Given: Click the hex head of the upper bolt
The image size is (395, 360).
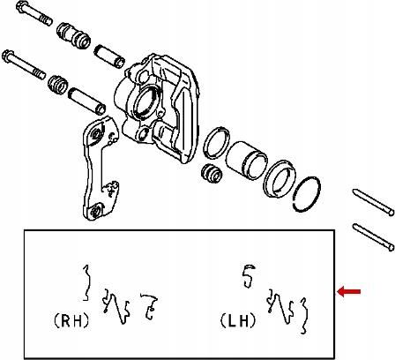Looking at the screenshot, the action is (x=21, y=7).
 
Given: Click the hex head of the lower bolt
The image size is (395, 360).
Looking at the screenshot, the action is (x=7, y=56).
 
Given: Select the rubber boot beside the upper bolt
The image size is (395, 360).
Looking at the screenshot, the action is (x=73, y=35).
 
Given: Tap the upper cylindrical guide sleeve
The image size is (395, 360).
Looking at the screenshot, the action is (x=109, y=56).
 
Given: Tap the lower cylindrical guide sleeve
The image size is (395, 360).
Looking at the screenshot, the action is (x=86, y=101).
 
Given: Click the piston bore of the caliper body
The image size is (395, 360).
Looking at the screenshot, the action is (x=146, y=101).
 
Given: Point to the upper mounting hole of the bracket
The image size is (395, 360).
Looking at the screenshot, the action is (x=95, y=134).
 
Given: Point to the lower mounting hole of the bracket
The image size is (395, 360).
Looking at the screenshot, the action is (x=95, y=211).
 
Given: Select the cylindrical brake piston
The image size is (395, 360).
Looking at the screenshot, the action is (x=246, y=161).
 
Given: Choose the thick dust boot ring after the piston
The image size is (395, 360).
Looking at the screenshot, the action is (x=279, y=178).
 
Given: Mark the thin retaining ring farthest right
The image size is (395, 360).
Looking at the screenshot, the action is (x=307, y=194).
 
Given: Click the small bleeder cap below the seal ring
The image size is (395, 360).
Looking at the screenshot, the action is (x=212, y=173).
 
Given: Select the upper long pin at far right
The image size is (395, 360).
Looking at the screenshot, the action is (x=373, y=202).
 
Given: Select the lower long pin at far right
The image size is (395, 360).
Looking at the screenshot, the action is (x=373, y=237).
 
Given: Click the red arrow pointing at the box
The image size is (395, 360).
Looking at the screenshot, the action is (x=348, y=292).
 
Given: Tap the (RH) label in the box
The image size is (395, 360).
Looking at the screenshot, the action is (x=71, y=320).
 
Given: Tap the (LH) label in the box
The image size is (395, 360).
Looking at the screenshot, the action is (x=238, y=320).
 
